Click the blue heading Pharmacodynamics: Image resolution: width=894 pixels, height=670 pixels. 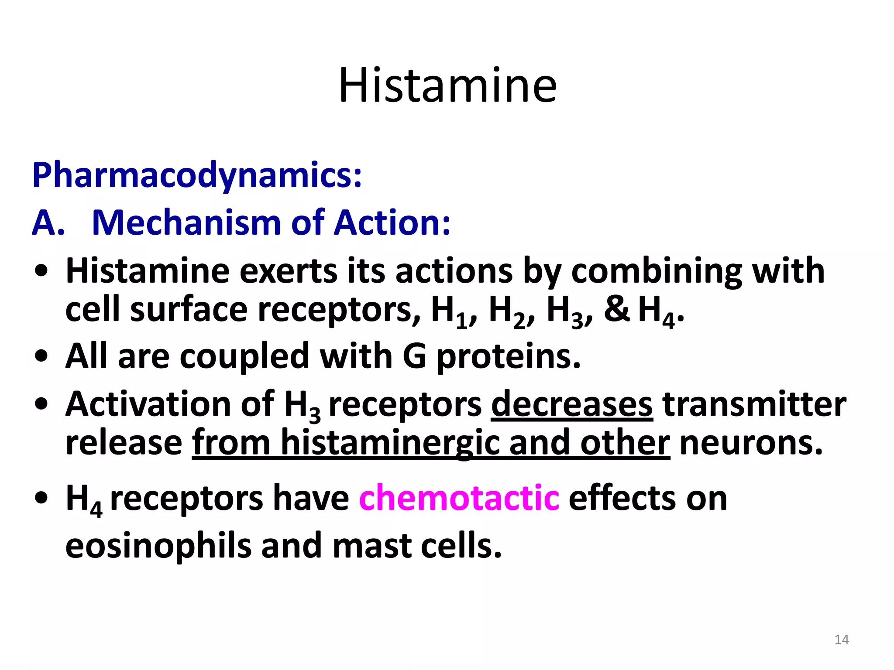coord(197,175)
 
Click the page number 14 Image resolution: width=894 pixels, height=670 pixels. coord(842,640)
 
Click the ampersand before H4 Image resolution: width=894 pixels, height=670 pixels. coord(616,309)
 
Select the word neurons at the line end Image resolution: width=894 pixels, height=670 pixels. coord(751,443)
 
